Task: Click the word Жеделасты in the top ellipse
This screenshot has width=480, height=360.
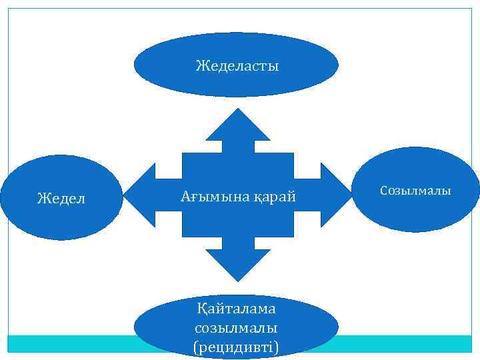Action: point(237,66)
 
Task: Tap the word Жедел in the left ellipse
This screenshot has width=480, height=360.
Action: point(61,199)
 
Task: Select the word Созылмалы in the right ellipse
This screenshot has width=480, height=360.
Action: point(415,191)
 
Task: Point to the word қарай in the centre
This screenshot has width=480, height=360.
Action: point(274,197)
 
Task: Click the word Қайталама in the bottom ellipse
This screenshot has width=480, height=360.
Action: point(237,309)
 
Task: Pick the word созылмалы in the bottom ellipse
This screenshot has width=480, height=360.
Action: point(237,328)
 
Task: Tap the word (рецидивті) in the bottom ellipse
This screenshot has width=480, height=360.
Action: point(237,347)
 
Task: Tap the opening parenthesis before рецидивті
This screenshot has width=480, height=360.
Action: point(195,347)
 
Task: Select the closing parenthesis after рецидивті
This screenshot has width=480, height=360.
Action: point(278,347)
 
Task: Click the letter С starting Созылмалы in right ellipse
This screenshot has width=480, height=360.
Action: point(383,191)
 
